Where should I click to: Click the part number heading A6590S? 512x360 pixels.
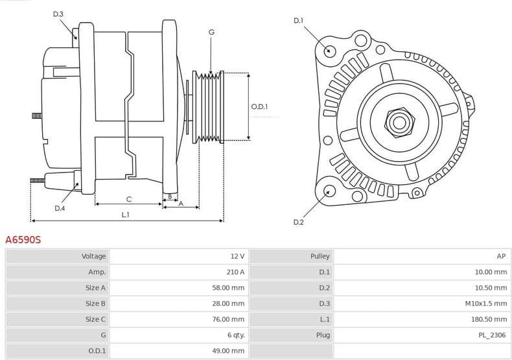pyautogui.click(x=23, y=239)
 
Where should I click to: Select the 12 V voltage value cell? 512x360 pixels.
pyautogui.click(x=237, y=256)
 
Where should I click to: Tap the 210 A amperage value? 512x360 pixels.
pyautogui.click(x=235, y=272)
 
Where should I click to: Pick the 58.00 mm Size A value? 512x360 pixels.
pyautogui.click(x=229, y=287)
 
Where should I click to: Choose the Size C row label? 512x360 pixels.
pyautogui.click(x=95, y=319)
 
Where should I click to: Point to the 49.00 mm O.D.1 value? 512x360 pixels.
pyautogui.click(x=229, y=351)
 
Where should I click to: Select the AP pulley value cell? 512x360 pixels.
pyautogui.click(x=501, y=256)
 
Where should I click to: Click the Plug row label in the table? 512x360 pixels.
pyautogui.click(x=322, y=335)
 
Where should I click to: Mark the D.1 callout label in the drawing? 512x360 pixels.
pyautogui.click(x=298, y=21)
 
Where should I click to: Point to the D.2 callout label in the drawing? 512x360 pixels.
pyautogui.click(x=298, y=222)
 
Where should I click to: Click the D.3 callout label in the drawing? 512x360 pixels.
pyautogui.click(x=58, y=14)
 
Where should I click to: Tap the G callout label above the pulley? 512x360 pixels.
pyautogui.click(x=211, y=32)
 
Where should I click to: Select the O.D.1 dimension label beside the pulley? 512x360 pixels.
pyautogui.click(x=259, y=107)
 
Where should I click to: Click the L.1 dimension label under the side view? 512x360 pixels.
pyautogui.click(x=125, y=215)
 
